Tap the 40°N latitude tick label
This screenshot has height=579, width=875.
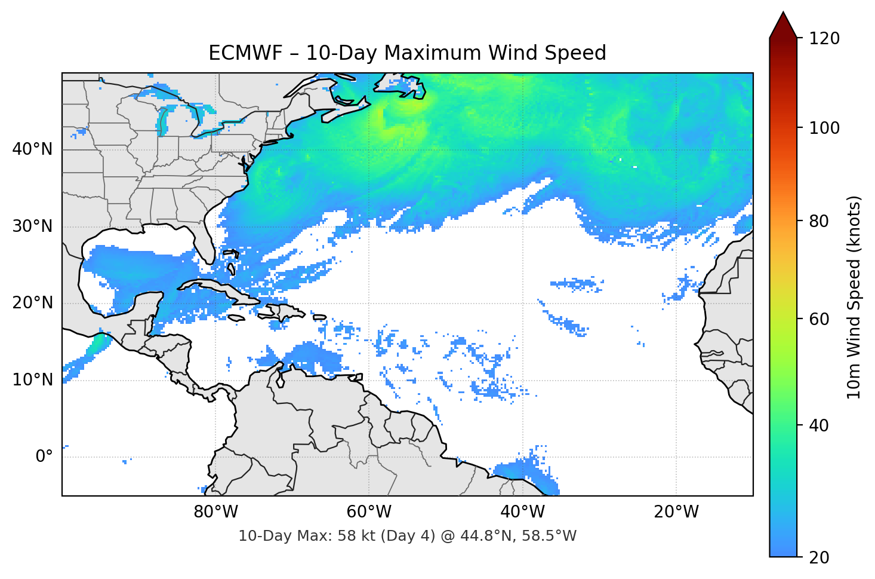tap(32, 149)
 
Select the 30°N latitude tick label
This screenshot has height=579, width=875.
tap(32, 226)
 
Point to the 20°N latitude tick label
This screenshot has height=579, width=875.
tap(32, 303)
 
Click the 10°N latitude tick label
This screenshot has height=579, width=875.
tap(32, 380)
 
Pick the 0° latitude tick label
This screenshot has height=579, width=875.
tap(44, 457)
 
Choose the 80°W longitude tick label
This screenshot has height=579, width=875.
tap(216, 512)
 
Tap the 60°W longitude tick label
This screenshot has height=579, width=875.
tap(369, 512)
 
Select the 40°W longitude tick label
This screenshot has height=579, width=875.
tap(522, 512)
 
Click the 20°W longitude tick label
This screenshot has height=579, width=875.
tap(676, 512)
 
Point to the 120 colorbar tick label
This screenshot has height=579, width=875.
tap(824, 39)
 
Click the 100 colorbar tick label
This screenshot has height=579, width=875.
tap(824, 128)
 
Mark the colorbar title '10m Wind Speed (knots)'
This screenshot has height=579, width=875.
tap(854, 298)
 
